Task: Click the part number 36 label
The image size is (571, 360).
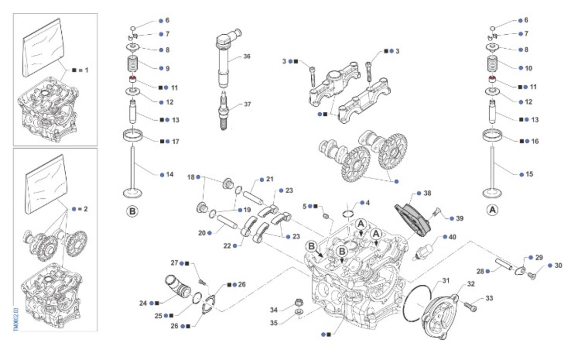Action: point(246,56)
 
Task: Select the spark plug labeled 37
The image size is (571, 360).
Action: point(223,112)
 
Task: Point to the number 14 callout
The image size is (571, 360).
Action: point(169,175)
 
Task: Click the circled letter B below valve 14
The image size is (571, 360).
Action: point(132,210)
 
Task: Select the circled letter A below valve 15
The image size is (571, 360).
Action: point(492,210)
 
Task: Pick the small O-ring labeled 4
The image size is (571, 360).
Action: point(348,213)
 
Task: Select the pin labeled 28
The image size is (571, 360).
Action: point(504,264)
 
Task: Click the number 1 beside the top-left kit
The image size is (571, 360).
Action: point(87,70)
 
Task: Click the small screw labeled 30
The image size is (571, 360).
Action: point(532,273)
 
